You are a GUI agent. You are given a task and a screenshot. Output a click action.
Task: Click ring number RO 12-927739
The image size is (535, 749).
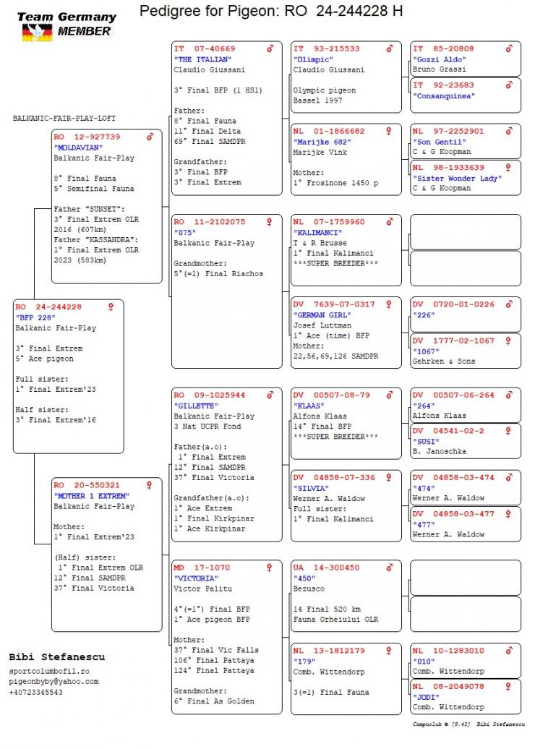click(87, 137)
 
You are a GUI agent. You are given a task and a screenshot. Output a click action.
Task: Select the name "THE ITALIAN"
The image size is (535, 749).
click(203, 59)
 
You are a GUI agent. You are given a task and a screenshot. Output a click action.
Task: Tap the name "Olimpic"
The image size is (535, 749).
click(313, 59)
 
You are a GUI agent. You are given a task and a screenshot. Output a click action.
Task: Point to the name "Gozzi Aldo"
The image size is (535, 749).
click(440, 59)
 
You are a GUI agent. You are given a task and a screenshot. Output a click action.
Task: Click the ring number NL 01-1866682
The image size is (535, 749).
click(329, 132)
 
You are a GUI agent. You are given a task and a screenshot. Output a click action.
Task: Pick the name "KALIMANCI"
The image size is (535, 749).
click(319, 233)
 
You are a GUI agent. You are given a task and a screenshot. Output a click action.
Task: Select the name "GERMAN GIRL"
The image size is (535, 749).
click(322, 315)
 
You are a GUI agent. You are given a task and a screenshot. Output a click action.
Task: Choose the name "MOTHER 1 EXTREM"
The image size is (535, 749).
click(91, 496)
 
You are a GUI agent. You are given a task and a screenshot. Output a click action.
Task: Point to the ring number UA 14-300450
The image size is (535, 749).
click(326, 568)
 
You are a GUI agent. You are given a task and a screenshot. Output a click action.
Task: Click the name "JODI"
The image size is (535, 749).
click(427, 697)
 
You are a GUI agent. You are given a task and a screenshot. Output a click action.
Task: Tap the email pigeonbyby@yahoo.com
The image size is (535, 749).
click(54, 682)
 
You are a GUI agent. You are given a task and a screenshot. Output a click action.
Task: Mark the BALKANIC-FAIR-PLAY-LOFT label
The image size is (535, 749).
click(64, 118)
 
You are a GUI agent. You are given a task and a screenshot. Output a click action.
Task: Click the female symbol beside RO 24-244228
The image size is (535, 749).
click(111, 307)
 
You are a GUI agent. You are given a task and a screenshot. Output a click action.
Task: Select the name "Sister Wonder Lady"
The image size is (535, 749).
click(453, 178)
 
